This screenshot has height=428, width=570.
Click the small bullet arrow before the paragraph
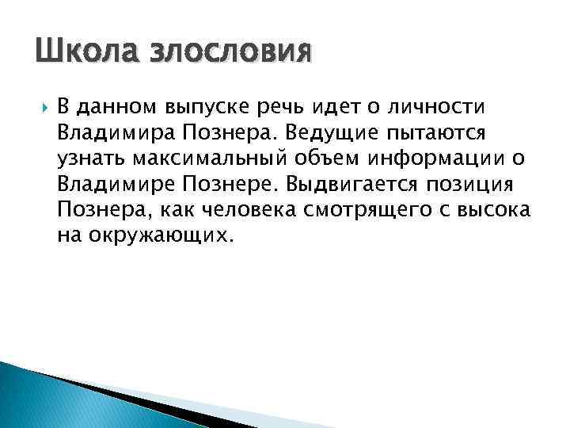pos(41,106)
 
